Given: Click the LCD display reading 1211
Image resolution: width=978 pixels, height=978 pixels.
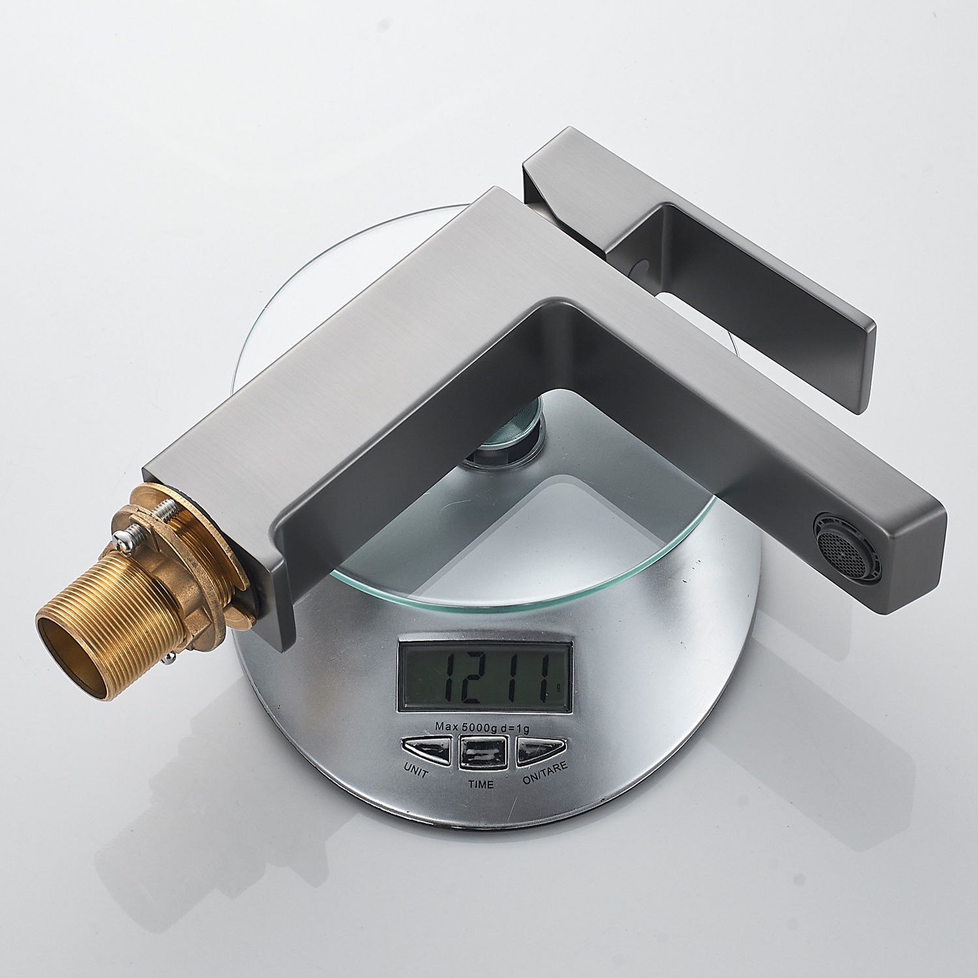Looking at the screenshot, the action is [x=485, y=679].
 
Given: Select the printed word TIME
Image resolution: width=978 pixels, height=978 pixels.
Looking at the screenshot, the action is [x=481, y=783].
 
